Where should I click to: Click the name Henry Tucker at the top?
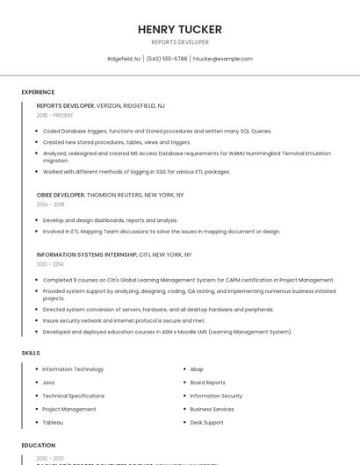180,30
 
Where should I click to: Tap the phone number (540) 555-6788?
167,59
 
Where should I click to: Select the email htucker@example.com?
222,59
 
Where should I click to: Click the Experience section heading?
38,92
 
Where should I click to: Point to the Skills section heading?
31,353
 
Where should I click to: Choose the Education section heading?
39,446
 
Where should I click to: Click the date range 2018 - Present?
54,115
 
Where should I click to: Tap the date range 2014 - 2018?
50,204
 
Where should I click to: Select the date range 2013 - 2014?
50,264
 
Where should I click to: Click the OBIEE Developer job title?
61,195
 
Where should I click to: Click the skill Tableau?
53,422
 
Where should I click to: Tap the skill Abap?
197,369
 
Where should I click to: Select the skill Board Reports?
207,383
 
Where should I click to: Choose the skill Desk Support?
206,422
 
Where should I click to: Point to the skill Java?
48,383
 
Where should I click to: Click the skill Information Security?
216,396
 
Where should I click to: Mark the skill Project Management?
69,409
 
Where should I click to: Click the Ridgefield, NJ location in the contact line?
124,59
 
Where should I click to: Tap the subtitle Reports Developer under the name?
180,42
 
